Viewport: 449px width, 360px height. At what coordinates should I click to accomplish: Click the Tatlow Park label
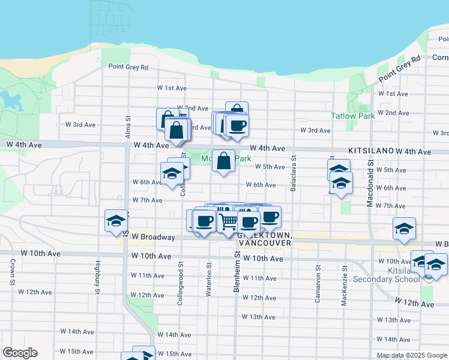(x=352, y=116)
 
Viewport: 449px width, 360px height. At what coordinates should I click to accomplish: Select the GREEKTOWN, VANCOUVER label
(x=264, y=239)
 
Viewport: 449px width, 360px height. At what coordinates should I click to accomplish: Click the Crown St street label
(x=12, y=272)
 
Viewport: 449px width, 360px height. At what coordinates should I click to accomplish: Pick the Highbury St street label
(x=97, y=275)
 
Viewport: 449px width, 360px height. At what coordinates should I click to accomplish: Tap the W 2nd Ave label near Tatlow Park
(x=394, y=113)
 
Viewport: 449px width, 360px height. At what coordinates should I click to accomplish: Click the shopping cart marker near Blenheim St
(x=228, y=222)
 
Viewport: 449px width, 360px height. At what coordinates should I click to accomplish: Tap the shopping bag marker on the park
(x=223, y=161)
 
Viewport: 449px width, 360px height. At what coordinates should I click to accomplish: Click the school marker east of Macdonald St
(x=405, y=229)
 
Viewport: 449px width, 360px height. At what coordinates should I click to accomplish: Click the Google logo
(x=20, y=353)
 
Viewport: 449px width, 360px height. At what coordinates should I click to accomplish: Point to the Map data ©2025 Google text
(x=411, y=355)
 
